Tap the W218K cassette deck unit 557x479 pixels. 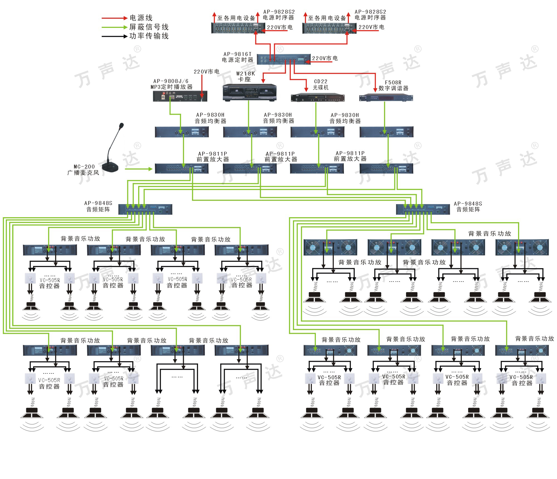point(250,92)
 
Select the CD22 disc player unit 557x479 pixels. point(317,98)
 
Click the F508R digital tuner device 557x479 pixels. point(386,97)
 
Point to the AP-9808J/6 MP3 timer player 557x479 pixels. point(180,96)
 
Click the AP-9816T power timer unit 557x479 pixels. point(284,59)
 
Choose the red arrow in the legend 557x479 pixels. point(114,18)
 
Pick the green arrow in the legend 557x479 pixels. point(114,27)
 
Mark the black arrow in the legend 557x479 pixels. point(114,36)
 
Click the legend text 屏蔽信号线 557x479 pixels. point(149,27)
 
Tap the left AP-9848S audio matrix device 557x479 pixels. point(145,209)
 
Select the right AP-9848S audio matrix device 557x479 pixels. point(423,209)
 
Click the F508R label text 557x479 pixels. point(393,83)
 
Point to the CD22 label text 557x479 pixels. point(321,82)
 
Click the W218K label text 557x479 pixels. point(245,74)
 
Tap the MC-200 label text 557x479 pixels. point(84,167)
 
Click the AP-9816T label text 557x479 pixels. point(237,54)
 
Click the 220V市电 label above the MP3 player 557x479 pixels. point(206,72)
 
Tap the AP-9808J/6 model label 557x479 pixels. point(171,81)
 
